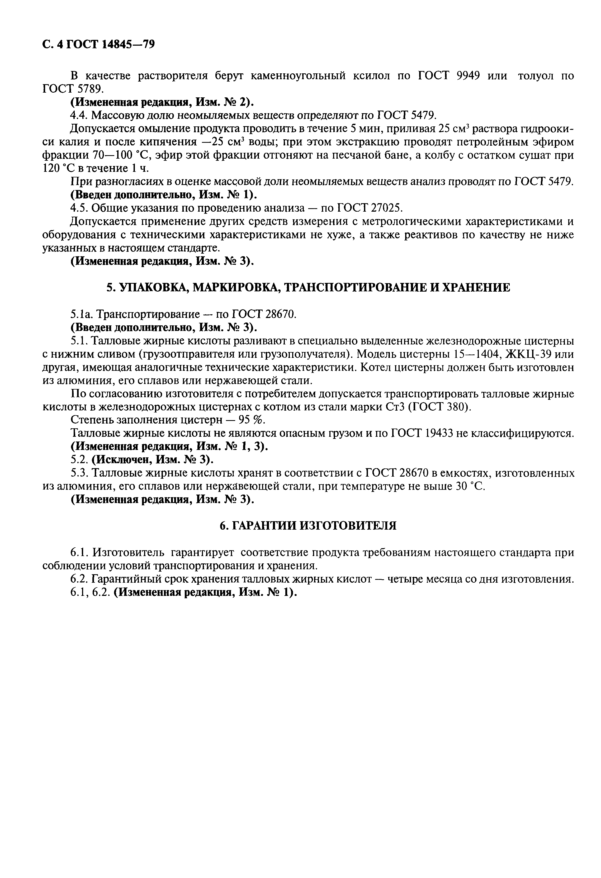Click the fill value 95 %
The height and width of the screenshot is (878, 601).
click(x=252, y=420)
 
